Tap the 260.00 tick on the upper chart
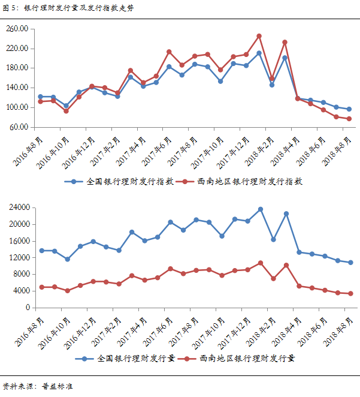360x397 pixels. point(17,29)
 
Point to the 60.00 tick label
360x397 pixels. point(19,127)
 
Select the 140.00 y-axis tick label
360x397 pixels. point(17,88)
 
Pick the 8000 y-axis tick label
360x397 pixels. point(22,274)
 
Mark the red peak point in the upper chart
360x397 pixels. point(259,36)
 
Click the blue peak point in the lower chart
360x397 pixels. point(261,209)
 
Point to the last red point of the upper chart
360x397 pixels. point(349,119)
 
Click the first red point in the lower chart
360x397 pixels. point(41,287)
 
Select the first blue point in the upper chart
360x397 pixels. point(41,97)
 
